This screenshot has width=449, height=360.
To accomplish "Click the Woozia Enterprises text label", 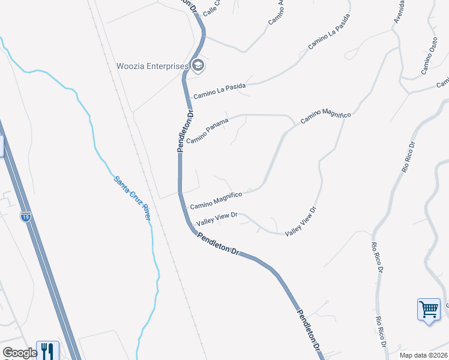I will point(152,66).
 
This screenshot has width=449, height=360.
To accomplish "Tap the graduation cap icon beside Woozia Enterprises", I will point(198,65).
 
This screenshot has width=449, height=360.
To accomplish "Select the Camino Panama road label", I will point(207,131).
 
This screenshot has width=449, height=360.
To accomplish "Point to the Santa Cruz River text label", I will point(132,197).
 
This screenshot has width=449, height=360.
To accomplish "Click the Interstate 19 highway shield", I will point(25,217).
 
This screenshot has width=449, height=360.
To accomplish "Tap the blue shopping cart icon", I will point(429,310).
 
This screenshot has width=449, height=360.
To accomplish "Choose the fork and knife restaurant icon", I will point(47,350).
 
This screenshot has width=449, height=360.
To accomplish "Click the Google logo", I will point(19,353).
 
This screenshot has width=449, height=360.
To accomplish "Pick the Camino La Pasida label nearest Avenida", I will point(328,40).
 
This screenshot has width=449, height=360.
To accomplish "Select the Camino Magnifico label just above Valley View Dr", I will point(215,200).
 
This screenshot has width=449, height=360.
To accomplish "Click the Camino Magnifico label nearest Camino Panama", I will point(325,116).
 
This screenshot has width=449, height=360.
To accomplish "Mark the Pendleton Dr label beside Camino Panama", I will point(185,130).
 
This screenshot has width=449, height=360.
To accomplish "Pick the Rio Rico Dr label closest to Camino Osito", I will point(409,157).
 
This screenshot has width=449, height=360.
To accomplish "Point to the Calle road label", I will point(211,8).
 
